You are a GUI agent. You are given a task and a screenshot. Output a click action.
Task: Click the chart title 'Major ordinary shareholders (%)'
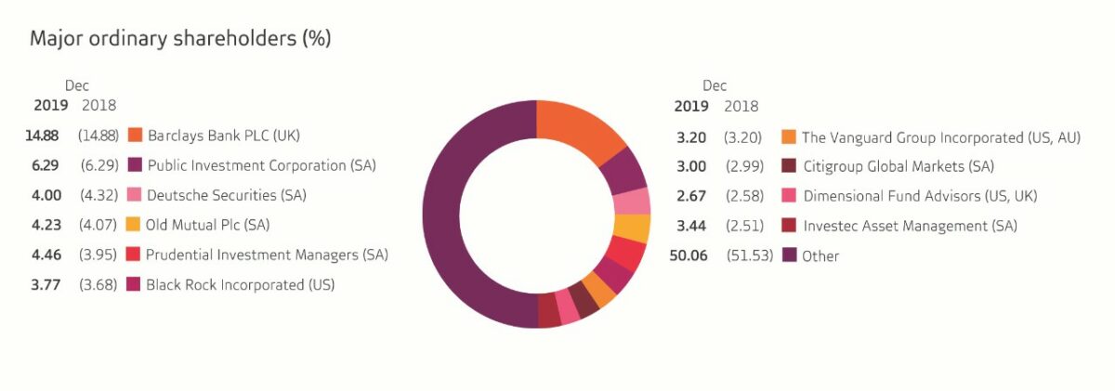tap(180, 39)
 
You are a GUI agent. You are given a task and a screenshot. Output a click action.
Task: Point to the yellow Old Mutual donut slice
tap(632, 228)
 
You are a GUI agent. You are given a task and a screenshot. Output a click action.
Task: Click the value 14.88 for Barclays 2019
tap(42, 136)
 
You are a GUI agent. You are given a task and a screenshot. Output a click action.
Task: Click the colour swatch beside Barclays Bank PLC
tap(134, 136)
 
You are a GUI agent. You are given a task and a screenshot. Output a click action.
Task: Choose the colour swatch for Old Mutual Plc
tap(134, 225)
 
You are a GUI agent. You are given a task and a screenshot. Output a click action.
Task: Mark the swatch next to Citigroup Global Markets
tap(790, 167)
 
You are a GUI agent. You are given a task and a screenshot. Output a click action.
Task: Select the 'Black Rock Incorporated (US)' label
tap(240, 284)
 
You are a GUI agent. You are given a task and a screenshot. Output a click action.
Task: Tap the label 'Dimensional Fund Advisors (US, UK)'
tap(920, 196)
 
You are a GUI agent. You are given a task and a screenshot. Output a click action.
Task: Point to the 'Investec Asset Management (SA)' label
tap(910, 226)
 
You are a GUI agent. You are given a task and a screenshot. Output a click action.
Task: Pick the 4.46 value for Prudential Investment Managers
tap(43, 254)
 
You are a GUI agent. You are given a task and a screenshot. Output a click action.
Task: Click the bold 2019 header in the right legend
tap(691, 106)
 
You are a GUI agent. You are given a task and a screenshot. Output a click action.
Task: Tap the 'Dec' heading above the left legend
tap(76, 85)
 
